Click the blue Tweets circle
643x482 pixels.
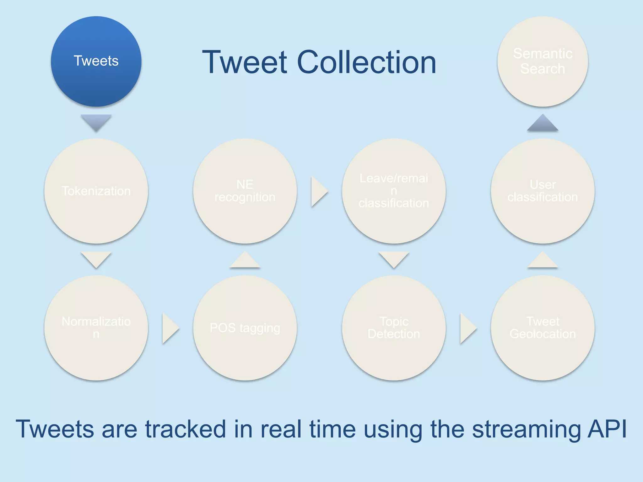pyautogui.click(x=96, y=61)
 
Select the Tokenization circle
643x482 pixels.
pyautogui.click(x=96, y=191)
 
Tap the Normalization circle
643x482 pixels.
pyautogui.click(x=96, y=328)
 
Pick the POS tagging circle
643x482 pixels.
pyautogui.click(x=245, y=328)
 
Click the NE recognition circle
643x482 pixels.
pyautogui.click(x=245, y=191)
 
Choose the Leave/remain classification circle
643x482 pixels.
pyautogui.click(x=394, y=191)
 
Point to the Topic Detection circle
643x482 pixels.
pyautogui.click(x=394, y=328)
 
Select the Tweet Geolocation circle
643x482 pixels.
pyautogui.click(x=543, y=328)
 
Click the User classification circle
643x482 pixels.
pyautogui.click(x=543, y=191)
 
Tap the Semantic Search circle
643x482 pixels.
pyautogui.click(x=543, y=61)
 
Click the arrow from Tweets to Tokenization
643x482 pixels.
pyautogui.click(x=96, y=122)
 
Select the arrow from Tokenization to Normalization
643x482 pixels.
pyautogui.click(x=96, y=259)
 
